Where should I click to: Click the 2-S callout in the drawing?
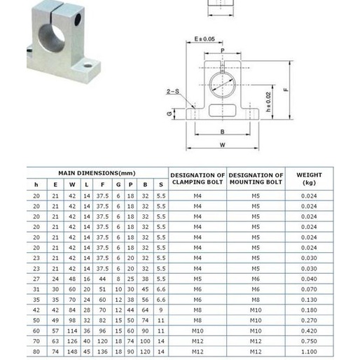pyautogui.click(x=172, y=92)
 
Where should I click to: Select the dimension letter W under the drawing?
pyautogui.click(x=221, y=145)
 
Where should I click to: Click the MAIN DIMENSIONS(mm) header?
pyautogui.click(x=97, y=173)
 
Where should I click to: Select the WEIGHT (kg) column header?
pyautogui.click(x=309, y=179)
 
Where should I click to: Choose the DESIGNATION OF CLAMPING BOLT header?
pyautogui.click(x=198, y=179)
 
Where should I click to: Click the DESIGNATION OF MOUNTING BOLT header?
pyautogui.click(x=256, y=179)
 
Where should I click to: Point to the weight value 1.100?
pyautogui.click(x=309, y=352)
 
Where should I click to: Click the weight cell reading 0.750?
pyautogui.click(x=309, y=341)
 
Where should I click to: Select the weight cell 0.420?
pyautogui.click(x=309, y=331)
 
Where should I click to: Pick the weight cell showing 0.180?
pyautogui.click(x=309, y=310)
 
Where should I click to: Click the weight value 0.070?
pyautogui.click(x=309, y=289)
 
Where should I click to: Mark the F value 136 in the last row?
pyautogui.click(x=103, y=352)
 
